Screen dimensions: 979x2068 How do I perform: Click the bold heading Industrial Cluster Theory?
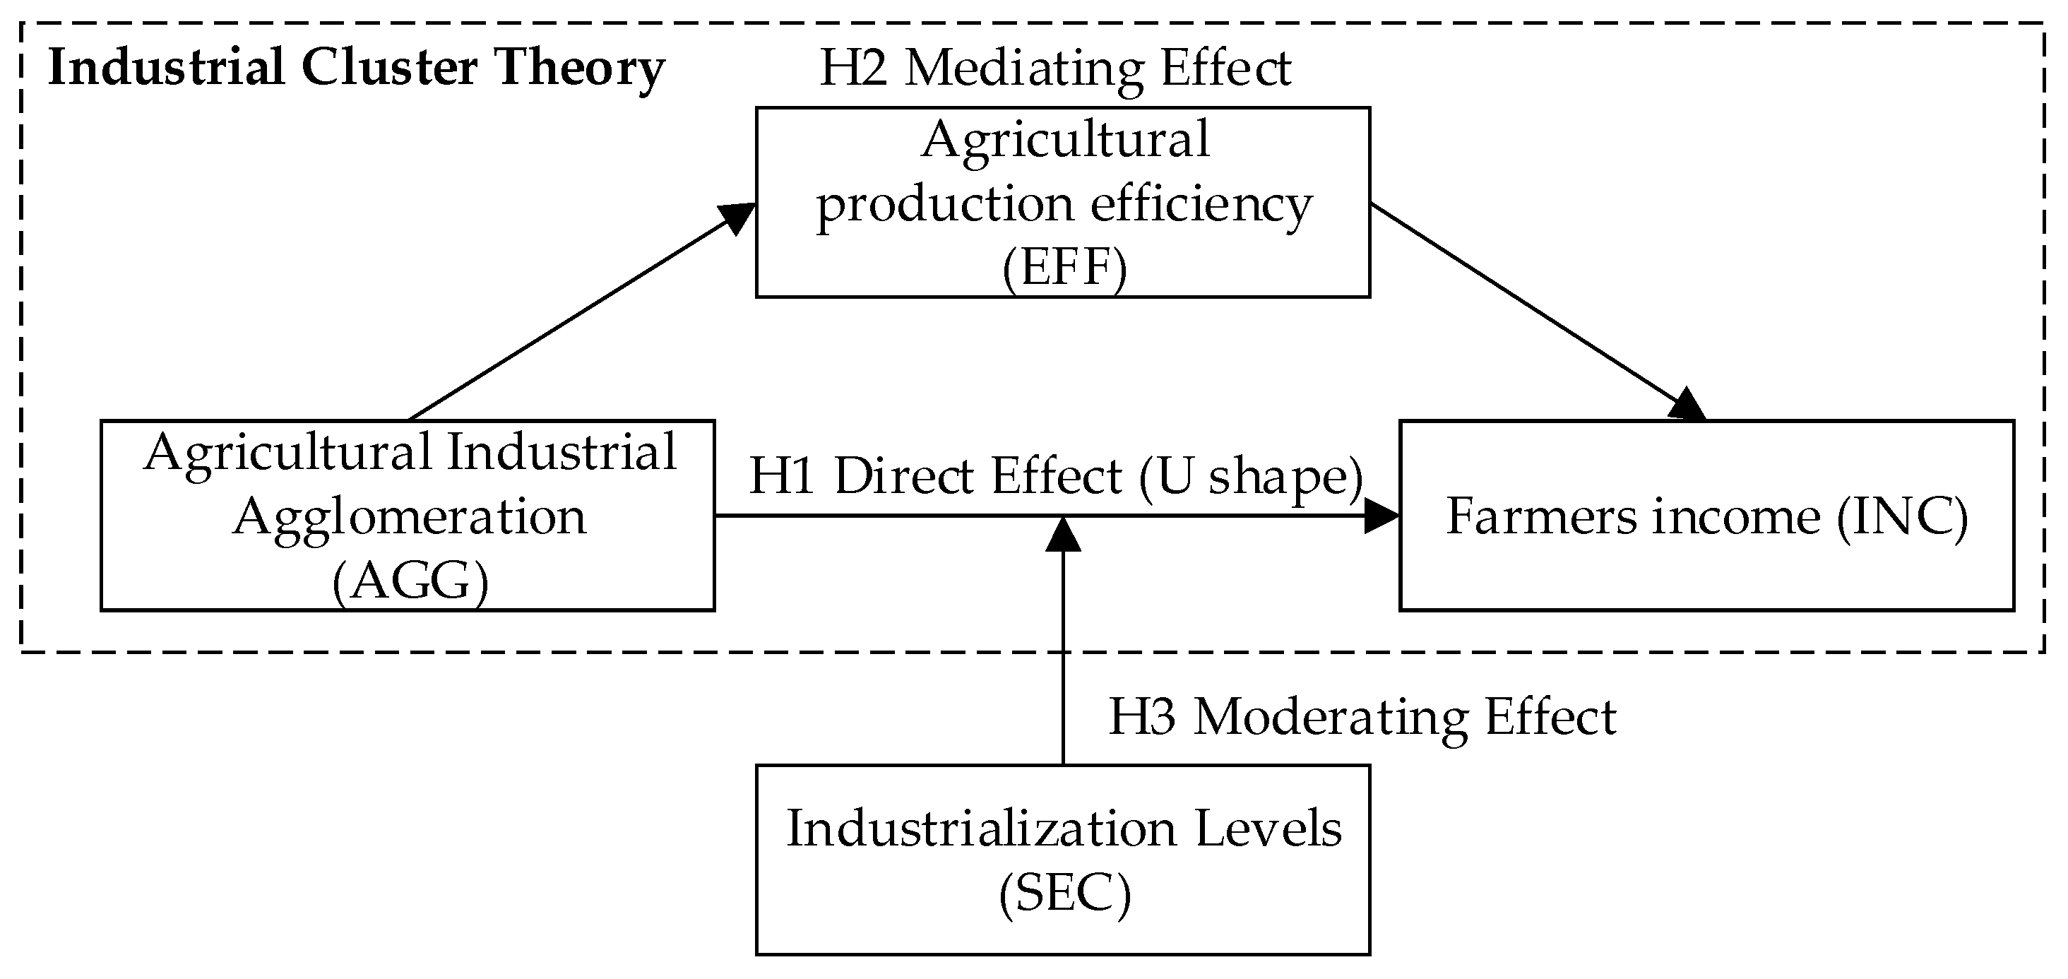coord(356,68)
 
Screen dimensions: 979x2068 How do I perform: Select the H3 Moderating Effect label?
coord(1362,716)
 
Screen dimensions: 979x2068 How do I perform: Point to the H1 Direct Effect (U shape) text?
coord(1056,476)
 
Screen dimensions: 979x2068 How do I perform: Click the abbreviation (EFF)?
coord(1064,268)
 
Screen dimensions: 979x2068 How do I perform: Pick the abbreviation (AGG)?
coord(410,581)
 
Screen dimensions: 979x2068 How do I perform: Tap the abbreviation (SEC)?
coord(1064,893)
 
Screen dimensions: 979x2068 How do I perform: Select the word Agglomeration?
coord(410,516)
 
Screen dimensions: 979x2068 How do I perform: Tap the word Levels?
coord(1268,828)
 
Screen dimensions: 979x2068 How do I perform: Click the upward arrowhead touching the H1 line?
coord(1063,534)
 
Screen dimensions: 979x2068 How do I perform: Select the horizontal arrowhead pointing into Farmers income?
coord(1381,516)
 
